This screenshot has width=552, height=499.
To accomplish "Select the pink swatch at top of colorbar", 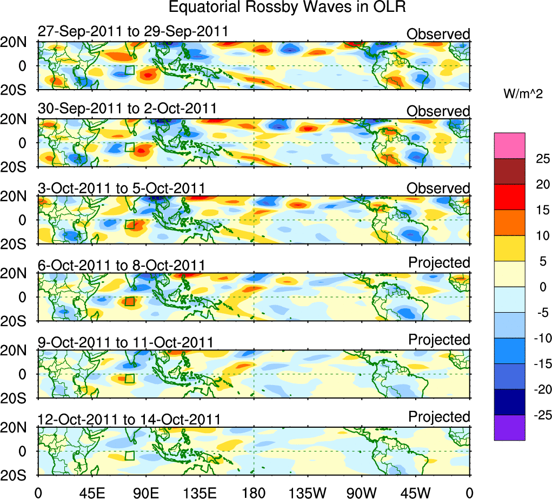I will tap(509, 146).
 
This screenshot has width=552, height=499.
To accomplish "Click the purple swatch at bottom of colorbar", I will tap(509, 428).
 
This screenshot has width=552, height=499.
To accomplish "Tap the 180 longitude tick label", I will tap(254, 492).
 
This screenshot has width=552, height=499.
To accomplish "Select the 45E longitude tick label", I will tap(91, 492).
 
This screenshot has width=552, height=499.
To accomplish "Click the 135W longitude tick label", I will tap(308, 492).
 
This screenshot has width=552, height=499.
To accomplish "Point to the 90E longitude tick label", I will tap(146, 492).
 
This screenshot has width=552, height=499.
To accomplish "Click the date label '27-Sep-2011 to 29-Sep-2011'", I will tap(133, 31).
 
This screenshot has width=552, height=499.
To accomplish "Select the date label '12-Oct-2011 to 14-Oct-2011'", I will tap(129, 419).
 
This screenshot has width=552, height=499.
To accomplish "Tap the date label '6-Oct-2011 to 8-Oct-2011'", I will tap(122, 265).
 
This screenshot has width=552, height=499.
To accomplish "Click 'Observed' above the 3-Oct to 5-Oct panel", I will tap(438, 188).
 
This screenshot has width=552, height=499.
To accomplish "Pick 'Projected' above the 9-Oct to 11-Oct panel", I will tap(439, 340).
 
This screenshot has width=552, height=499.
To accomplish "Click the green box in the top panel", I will tap(129, 70).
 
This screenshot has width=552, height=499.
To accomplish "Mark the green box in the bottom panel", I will tap(129, 455).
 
